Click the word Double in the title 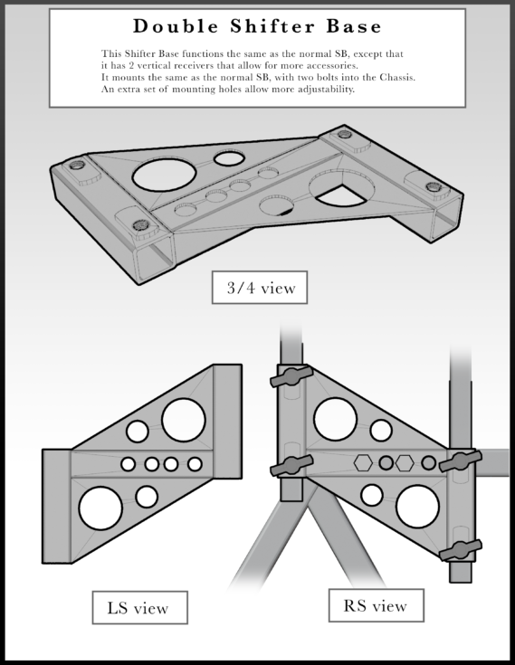coord(177,26)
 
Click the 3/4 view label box coord(260,288)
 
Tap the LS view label coord(139,607)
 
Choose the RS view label coord(376,605)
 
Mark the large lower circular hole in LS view coord(100,508)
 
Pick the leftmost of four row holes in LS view coord(129,464)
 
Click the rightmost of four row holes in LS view coord(195,464)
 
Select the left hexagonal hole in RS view coord(363,463)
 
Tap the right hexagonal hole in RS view coord(405,463)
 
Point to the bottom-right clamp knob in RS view coord(460,550)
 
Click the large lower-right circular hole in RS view coord(416,507)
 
